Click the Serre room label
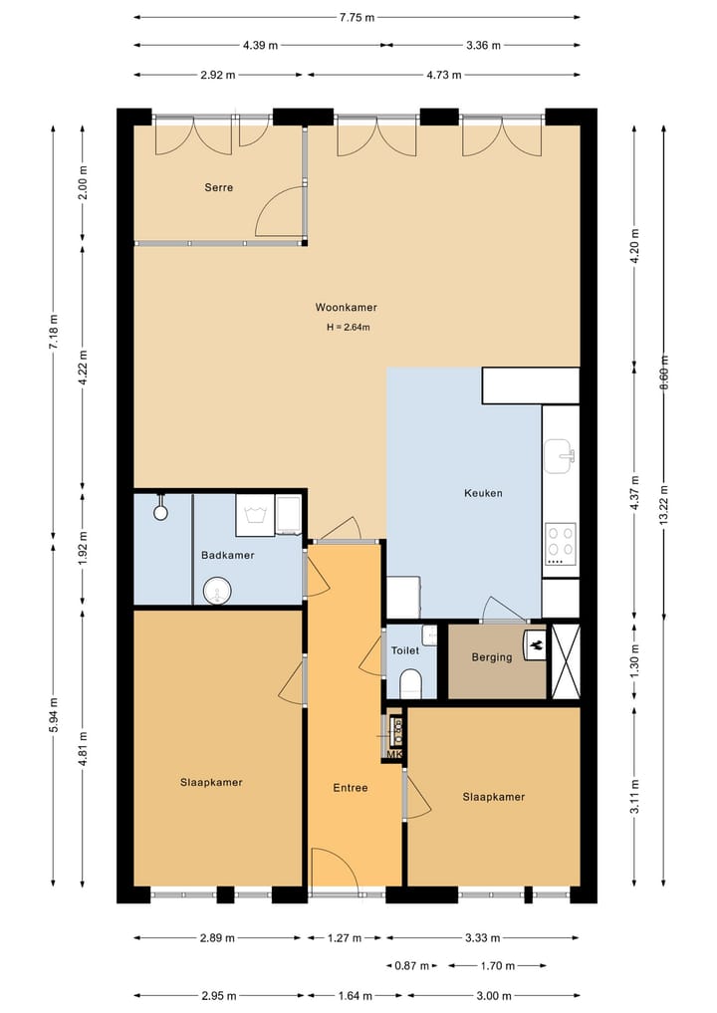[218, 187]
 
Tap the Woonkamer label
[347, 307]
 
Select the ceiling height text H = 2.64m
[349, 327]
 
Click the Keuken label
[483, 493]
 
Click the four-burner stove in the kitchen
[560, 542]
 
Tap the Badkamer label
[227, 555]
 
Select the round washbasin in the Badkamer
[218, 591]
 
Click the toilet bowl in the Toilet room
[411, 684]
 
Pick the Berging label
[492, 657]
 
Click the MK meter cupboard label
[394, 754]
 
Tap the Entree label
[351, 788]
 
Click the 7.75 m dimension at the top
[357, 18]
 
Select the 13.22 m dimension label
[663, 506]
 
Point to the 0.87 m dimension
[411, 966]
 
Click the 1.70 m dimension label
[497, 966]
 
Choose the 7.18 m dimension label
[54, 332]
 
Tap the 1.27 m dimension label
[345, 937]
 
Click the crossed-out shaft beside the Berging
[566, 661]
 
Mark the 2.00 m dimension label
[83, 183]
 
